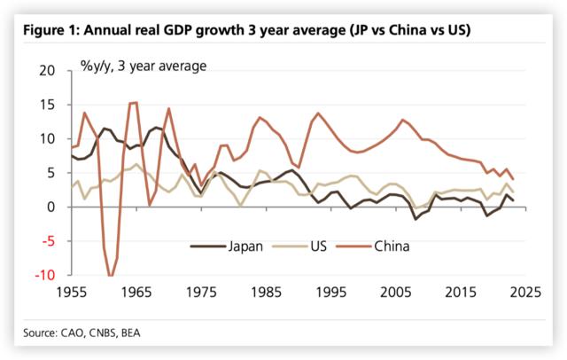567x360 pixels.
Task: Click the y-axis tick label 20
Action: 46,70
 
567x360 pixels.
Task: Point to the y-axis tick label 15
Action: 46,105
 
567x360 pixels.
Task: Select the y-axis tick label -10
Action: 44,276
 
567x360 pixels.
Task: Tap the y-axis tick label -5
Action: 48,241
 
